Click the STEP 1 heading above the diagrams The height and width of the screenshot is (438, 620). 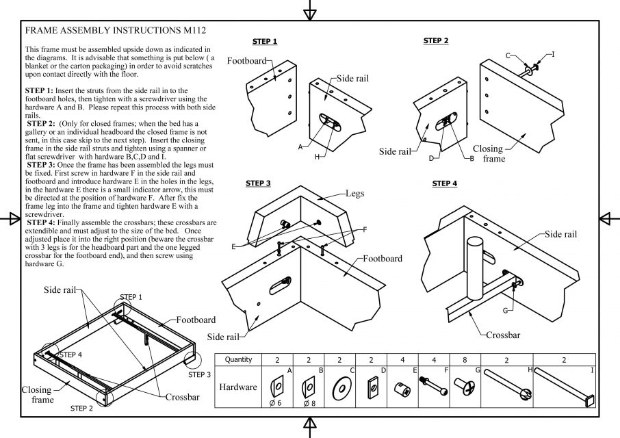tap(265, 42)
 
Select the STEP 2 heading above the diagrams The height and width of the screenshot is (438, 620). tap(436, 41)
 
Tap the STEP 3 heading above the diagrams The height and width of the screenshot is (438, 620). tap(258, 183)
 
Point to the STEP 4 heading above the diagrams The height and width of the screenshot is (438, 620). tap(445, 183)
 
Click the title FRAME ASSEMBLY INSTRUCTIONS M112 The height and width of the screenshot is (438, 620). tap(116, 31)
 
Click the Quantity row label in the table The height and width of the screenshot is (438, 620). tap(238, 359)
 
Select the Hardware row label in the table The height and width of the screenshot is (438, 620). tap(238, 387)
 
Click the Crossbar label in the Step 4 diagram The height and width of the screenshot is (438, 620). tap(503, 335)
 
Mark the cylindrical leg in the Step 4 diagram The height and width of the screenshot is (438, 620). tap(476, 267)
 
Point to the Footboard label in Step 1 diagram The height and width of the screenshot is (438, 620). tap(246, 61)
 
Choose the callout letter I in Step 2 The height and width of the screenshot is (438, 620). tap(553, 53)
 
